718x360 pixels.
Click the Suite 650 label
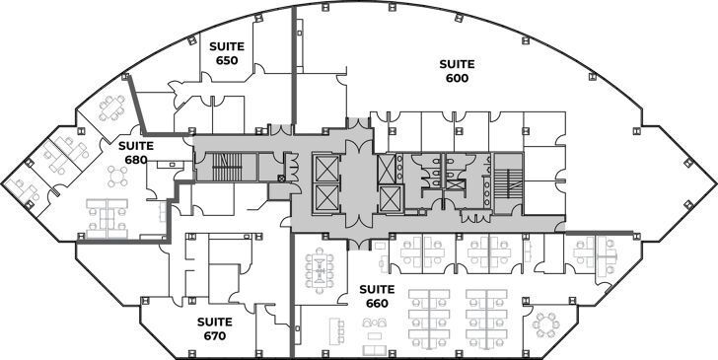pyautogui.click(x=226, y=53)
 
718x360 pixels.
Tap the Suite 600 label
pyautogui.click(x=456, y=71)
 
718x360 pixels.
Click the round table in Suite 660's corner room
pyautogui.click(x=544, y=324)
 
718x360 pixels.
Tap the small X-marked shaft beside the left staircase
pyautogui.click(x=282, y=179)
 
